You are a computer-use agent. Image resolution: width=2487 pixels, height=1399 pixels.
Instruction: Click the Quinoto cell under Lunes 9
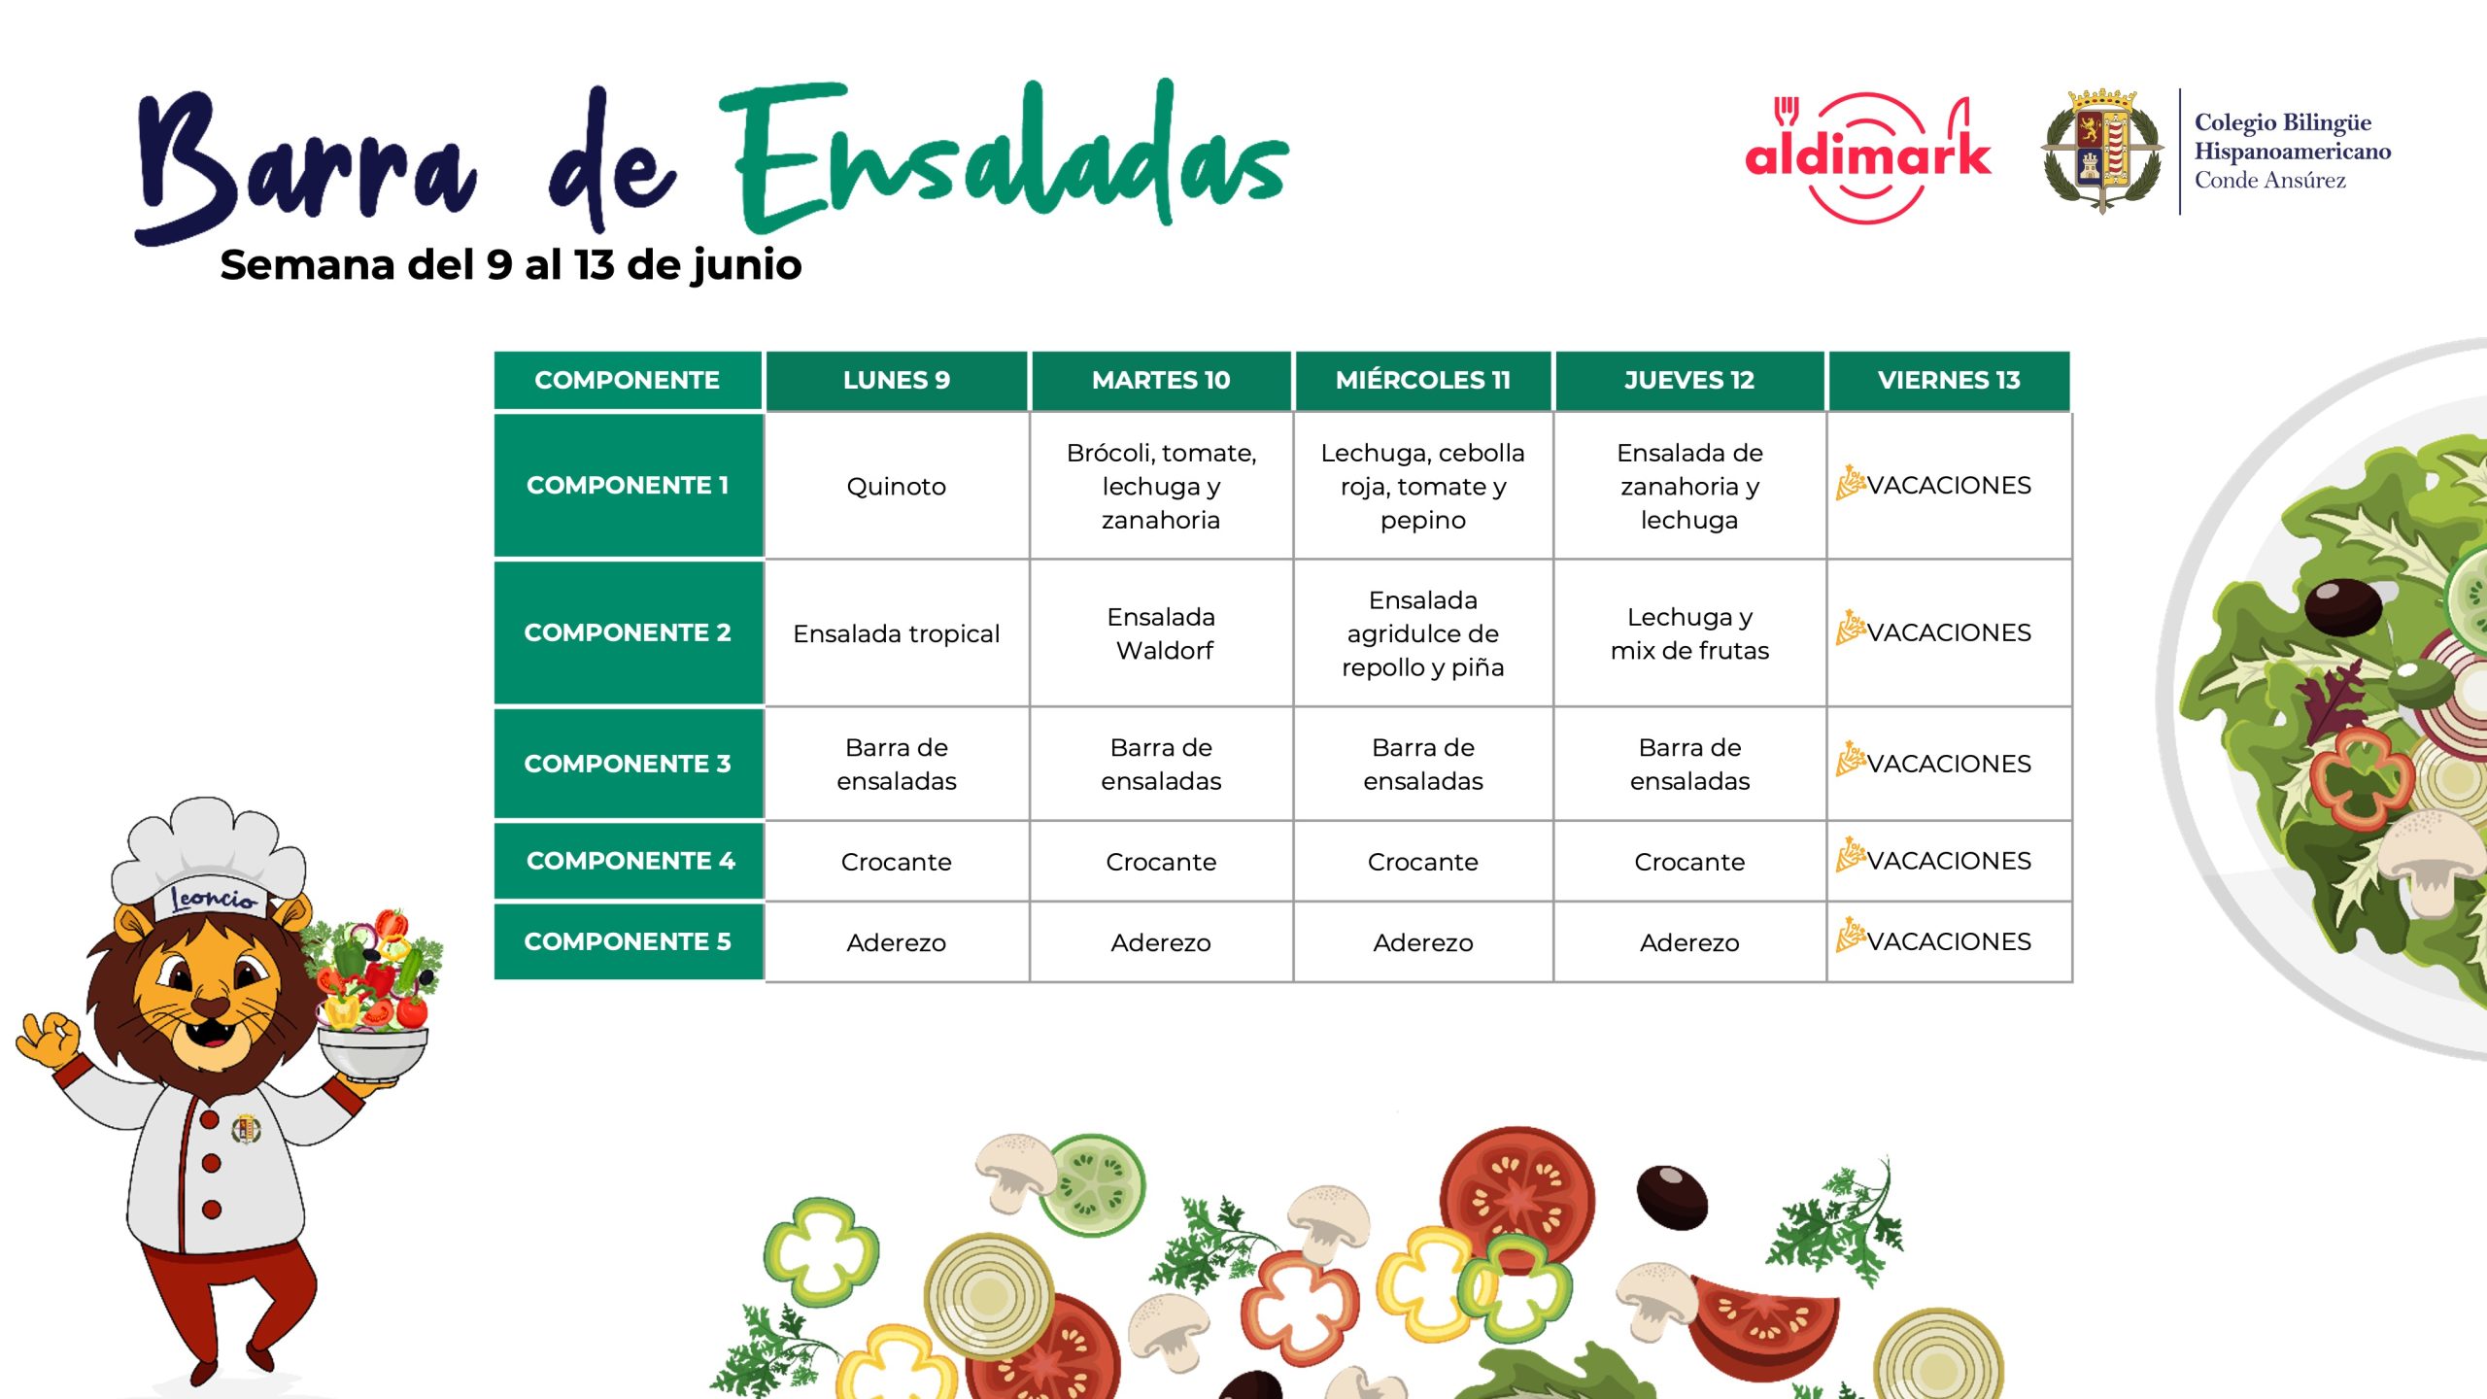pyautogui.click(x=896, y=486)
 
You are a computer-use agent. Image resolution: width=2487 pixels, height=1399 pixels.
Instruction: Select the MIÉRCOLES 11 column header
pyautogui.click(x=1422, y=380)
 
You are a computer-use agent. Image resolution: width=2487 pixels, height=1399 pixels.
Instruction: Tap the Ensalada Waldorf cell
pyautogui.click(x=1161, y=633)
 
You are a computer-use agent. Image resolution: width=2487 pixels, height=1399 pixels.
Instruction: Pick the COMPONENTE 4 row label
pyautogui.click(x=629, y=861)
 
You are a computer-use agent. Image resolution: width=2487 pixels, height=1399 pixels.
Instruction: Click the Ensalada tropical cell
pyautogui.click(x=896, y=633)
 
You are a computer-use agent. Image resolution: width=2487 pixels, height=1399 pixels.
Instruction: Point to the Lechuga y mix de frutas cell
pyautogui.click(x=1689, y=633)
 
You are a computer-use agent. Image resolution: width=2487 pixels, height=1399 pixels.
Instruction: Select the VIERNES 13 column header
pyautogui.click(x=1949, y=380)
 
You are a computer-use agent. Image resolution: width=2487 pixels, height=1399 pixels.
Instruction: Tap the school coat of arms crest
pyautogui.click(x=2102, y=152)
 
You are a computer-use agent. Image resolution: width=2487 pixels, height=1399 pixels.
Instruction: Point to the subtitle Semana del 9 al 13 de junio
pyautogui.click(x=511, y=264)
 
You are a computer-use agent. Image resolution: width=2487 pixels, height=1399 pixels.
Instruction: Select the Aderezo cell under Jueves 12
pyautogui.click(x=1689, y=942)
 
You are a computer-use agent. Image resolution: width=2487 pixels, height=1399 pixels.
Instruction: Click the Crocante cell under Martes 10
pyautogui.click(x=1161, y=862)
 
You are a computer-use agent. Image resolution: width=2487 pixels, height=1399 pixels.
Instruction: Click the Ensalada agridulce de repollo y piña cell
pyautogui.click(x=1422, y=633)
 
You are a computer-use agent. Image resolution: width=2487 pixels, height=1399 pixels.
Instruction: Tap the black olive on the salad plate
pyautogui.click(x=2343, y=605)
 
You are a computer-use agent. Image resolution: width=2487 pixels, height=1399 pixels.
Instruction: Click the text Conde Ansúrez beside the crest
pyautogui.click(x=2269, y=181)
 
